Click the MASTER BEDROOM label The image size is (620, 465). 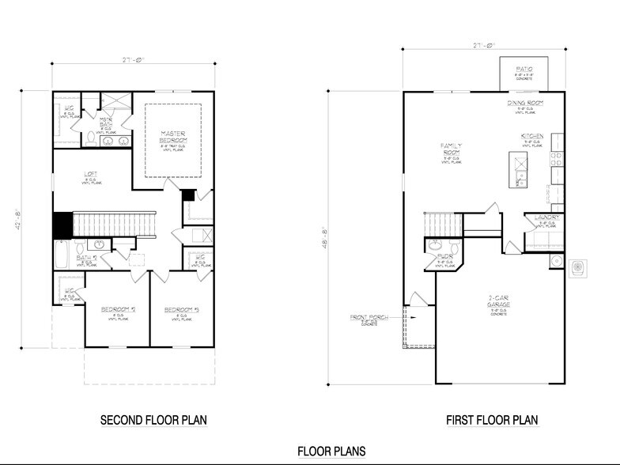(172, 137)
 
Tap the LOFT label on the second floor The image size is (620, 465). (91, 176)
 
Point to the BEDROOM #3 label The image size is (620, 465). (181, 309)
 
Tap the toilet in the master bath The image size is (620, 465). (89, 140)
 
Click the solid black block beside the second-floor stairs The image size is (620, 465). (62, 225)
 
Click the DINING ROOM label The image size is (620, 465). (524, 104)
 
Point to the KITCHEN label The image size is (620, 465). (531, 137)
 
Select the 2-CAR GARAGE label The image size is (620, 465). (498, 301)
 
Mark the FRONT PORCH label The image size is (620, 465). (369, 318)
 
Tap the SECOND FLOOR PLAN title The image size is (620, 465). (153, 420)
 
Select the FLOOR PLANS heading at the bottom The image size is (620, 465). (331, 451)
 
